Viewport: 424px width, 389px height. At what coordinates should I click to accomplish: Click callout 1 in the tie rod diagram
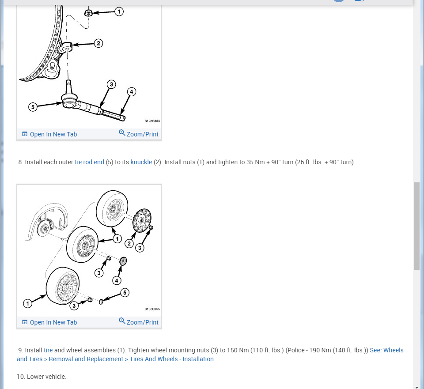pyautogui.click(x=119, y=12)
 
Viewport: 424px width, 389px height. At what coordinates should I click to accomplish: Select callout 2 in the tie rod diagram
pyautogui.click(x=98, y=43)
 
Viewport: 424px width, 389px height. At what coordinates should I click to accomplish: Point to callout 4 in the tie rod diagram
pyautogui.click(x=131, y=92)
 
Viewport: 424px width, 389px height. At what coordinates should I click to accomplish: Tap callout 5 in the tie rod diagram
pyautogui.click(x=32, y=107)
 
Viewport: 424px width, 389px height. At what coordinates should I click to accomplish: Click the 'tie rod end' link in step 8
pyautogui.click(x=90, y=162)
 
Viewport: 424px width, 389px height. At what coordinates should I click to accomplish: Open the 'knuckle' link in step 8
pyautogui.click(x=141, y=162)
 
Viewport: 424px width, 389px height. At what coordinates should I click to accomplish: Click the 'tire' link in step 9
pyautogui.click(x=48, y=350)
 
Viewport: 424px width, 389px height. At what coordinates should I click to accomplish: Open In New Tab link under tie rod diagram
pyautogui.click(x=49, y=134)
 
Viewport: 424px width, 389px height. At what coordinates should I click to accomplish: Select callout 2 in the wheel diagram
pyautogui.click(x=129, y=243)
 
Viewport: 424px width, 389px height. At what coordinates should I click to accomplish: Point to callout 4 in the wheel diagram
pyautogui.click(x=117, y=280)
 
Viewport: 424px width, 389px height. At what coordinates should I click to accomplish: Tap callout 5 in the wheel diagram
pyautogui.click(x=125, y=292)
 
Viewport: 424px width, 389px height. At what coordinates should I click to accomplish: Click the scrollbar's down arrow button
pyautogui.click(x=417, y=386)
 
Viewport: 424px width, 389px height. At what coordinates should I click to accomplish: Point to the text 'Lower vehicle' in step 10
pyautogui.click(x=46, y=377)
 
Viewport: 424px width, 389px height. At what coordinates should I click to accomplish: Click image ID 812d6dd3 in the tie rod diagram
pyautogui.click(x=152, y=121)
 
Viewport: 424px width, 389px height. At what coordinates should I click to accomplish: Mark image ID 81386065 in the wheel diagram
pyautogui.click(x=152, y=309)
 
